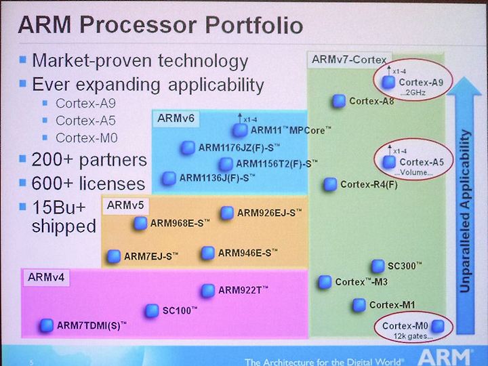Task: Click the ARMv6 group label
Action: (x=176, y=118)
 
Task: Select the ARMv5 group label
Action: (x=125, y=205)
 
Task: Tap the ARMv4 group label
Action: (x=46, y=277)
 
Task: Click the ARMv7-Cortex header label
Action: (x=349, y=60)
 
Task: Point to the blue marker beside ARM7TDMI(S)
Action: (x=47, y=325)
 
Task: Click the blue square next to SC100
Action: (x=152, y=310)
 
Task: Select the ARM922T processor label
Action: (x=243, y=290)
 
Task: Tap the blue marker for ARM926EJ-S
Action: (x=227, y=213)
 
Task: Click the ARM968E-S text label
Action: (x=180, y=223)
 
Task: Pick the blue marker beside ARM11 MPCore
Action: (x=240, y=130)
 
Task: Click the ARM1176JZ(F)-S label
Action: (x=239, y=148)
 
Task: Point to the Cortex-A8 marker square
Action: (x=339, y=101)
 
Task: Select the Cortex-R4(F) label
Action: (x=369, y=184)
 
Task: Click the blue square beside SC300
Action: (x=378, y=266)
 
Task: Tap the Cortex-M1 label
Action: (x=392, y=305)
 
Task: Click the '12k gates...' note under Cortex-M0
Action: (x=413, y=336)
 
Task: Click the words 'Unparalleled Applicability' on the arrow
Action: (x=465, y=211)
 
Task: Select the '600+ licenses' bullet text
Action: (x=88, y=183)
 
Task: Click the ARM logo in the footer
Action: (x=445, y=357)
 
